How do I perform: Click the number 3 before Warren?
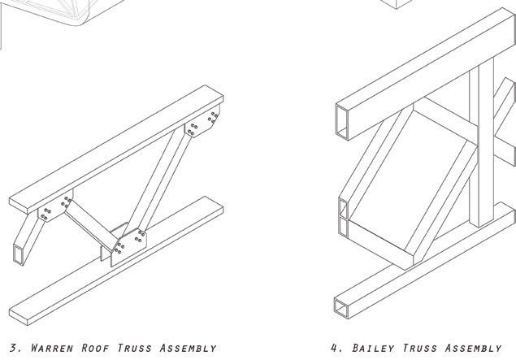(x=11, y=349)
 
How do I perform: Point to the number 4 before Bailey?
(x=336, y=349)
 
